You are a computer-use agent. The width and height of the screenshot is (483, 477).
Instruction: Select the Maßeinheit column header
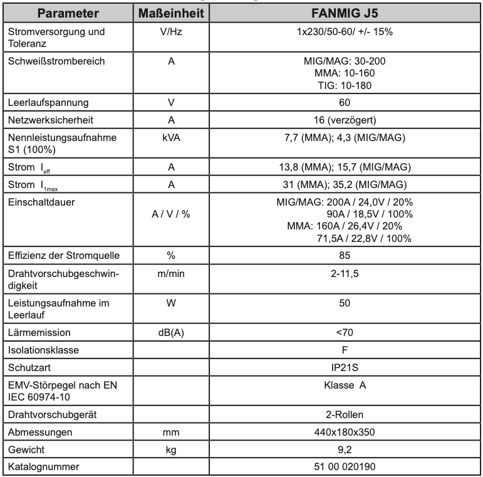point(171,13)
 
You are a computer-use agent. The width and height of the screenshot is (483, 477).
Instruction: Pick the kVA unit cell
point(171,136)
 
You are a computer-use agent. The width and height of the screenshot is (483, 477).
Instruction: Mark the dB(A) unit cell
point(171,332)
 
